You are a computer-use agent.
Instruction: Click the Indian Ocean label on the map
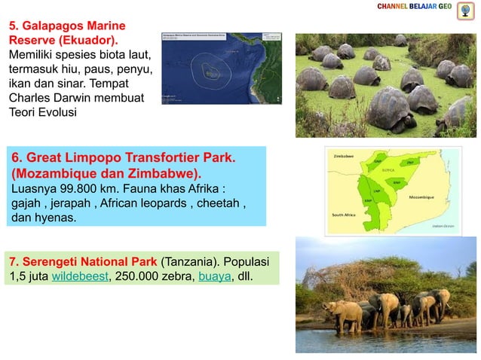(x=443, y=225)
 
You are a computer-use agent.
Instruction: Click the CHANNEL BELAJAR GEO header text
(x=414, y=7)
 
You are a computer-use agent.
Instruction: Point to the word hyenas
(x=57, y=218)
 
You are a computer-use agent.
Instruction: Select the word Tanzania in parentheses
(x=188, y=262)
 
